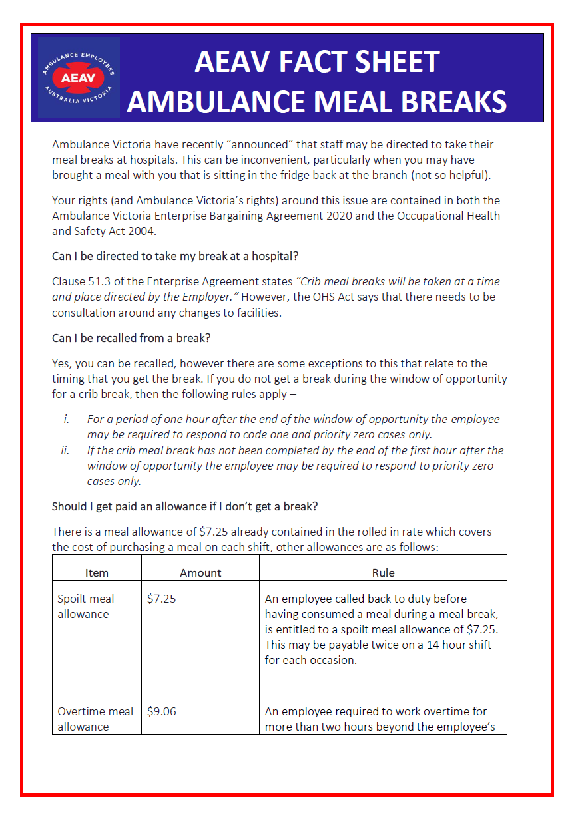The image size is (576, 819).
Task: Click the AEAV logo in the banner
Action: [79, 78]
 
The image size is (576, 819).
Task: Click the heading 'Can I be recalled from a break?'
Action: [131, 338]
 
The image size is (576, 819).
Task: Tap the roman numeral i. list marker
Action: [65, 420]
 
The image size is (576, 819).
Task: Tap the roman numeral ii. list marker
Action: [65, 450]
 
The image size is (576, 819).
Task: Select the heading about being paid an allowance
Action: [184, 506]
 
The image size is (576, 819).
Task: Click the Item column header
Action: [97, 572]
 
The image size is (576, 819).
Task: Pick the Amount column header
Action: [200, 572]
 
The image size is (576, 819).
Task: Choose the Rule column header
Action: [383, 572]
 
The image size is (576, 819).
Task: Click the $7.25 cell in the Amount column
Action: [161, 599]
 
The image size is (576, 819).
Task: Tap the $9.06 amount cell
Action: [161, 711]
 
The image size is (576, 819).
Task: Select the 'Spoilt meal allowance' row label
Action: [85, 606]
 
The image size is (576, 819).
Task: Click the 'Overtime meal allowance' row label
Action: [95, 719]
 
